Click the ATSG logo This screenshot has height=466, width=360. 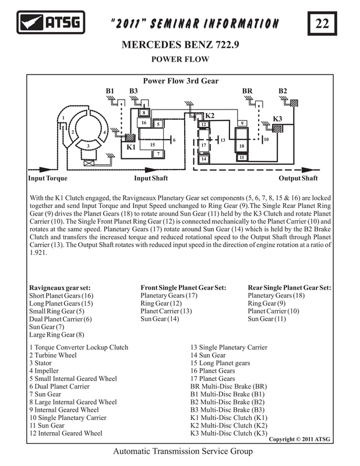51,22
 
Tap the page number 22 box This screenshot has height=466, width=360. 322,23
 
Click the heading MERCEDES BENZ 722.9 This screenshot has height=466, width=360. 180,45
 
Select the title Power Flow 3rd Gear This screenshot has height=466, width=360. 181,81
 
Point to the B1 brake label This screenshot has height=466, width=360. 110,91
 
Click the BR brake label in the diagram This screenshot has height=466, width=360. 248,91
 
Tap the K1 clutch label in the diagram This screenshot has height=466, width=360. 131,147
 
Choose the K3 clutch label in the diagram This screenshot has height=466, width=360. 277,119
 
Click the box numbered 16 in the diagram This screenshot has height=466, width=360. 144,122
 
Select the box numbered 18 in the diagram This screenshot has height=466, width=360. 242,146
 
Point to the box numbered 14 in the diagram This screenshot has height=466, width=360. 204,158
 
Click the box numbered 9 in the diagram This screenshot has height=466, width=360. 242,123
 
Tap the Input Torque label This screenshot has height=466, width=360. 48,178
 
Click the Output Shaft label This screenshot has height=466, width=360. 298,178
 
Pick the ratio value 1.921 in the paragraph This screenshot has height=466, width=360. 38,253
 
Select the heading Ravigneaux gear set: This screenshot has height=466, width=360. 60,288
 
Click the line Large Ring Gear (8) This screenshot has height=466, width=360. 57,334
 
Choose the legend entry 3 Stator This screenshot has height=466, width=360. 40,363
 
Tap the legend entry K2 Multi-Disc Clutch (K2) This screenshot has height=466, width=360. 228,426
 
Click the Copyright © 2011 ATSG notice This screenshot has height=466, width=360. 299,439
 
